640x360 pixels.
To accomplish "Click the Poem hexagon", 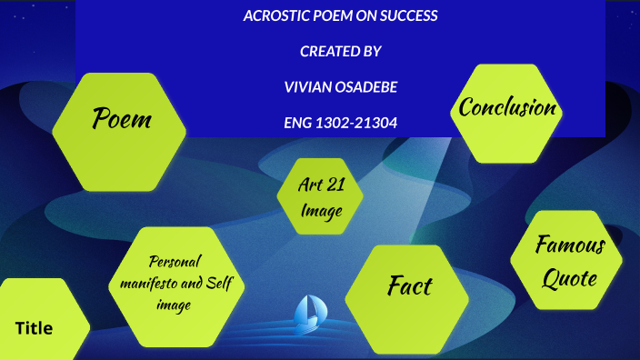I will (119, 118).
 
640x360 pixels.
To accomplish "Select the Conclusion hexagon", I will (507, 108).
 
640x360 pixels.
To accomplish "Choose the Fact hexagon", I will (409, 286).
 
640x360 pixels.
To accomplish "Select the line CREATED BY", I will (340, 52).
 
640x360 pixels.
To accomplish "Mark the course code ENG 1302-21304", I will (340, 122).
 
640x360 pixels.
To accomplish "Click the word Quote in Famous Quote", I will (570, 278).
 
